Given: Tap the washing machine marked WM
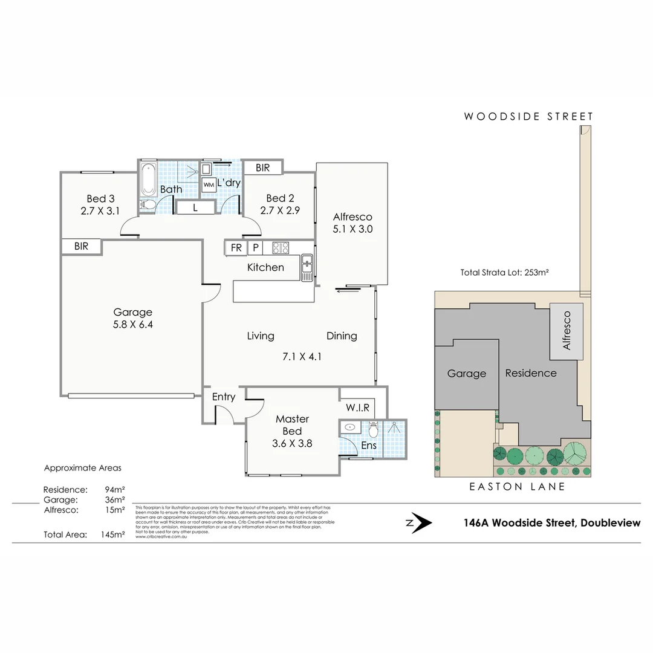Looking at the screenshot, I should click(209, 184).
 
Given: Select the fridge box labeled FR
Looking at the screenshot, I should click(235, 248).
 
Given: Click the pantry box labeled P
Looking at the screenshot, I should click(255, 248).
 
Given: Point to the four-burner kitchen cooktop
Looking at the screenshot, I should click(281, 248).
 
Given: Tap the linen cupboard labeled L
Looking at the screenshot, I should click(195, 207).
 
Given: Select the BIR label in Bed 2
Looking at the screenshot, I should click(262, 167).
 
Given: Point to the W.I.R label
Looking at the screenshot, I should click(358, 408).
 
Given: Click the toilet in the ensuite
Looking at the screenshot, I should click(373, 430).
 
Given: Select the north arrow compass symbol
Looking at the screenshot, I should click(419, 523).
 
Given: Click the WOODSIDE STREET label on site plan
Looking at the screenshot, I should click(528, 117).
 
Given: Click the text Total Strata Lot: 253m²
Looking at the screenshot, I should click(504, 273).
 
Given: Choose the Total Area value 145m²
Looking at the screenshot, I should click(113, 534).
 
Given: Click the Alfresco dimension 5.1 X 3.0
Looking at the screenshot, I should click(352, 229).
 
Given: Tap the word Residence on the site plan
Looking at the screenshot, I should click(531, 373).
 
